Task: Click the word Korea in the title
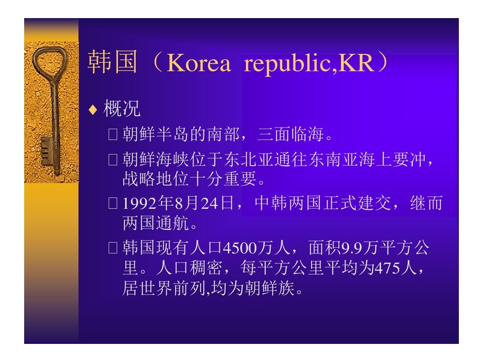199,63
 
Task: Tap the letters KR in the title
356,63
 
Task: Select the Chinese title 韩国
112,62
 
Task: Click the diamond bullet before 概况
93,110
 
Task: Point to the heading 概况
122,109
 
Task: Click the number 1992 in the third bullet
140,204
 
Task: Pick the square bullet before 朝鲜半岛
113,135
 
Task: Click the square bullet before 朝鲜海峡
113,160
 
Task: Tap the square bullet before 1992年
113,203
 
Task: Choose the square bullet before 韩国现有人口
113,247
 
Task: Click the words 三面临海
290,134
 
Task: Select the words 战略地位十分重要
190,179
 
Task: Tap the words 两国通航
155,223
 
